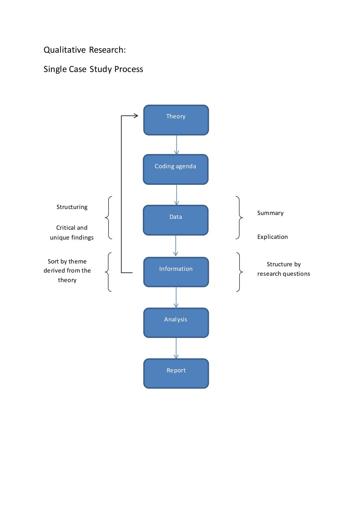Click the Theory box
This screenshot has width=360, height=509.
176,120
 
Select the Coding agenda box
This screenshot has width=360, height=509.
175,169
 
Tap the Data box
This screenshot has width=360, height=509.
175,220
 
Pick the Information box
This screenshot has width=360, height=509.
176,272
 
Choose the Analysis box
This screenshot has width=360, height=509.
176,322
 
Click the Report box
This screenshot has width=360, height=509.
176,373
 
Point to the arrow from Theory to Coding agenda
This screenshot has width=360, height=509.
176,145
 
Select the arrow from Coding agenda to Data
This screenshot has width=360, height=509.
176,195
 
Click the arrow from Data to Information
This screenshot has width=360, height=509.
176,246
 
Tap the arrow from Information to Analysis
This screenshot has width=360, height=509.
176,297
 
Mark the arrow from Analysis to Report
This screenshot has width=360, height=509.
176,348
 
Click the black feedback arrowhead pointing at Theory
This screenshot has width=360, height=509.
135,116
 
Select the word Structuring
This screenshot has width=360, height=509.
72,207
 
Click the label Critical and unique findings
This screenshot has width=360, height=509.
72,233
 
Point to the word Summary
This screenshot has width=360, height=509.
270,213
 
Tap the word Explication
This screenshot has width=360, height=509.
272,237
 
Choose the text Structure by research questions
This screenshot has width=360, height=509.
283,269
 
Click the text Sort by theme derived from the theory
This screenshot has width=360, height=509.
67,270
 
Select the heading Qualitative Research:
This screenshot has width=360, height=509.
84,50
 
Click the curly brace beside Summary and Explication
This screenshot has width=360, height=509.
239,218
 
